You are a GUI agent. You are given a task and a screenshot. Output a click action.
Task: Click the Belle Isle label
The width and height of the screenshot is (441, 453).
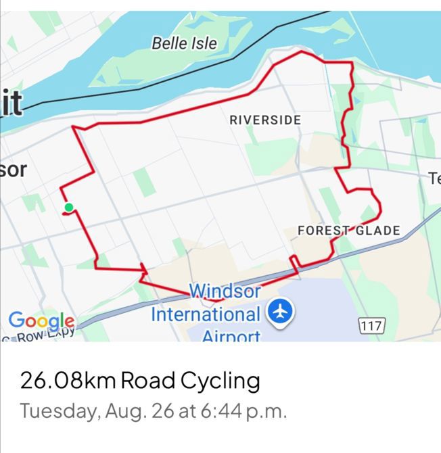coord(184,44)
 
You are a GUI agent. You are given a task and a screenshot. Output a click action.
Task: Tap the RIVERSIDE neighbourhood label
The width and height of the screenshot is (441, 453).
coord(265,120)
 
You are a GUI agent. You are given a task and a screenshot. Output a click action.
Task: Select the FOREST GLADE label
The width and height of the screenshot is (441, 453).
coord(348,231)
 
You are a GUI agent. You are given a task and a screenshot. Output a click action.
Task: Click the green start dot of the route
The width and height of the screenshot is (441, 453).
coord(68,208)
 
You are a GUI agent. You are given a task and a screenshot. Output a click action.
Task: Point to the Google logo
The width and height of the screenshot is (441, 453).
coord(41,320)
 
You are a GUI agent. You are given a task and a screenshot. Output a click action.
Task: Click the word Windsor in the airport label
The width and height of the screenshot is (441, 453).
coord(225,291)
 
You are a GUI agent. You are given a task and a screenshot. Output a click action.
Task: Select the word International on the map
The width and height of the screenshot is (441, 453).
coord(205,314)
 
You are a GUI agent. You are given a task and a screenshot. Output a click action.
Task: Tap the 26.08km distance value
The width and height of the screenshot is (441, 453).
coord(68,380)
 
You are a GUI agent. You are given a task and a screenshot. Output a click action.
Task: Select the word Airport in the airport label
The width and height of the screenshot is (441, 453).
coord(231,335)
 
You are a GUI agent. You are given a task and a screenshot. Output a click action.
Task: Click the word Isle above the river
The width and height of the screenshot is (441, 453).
coord(204,44)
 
